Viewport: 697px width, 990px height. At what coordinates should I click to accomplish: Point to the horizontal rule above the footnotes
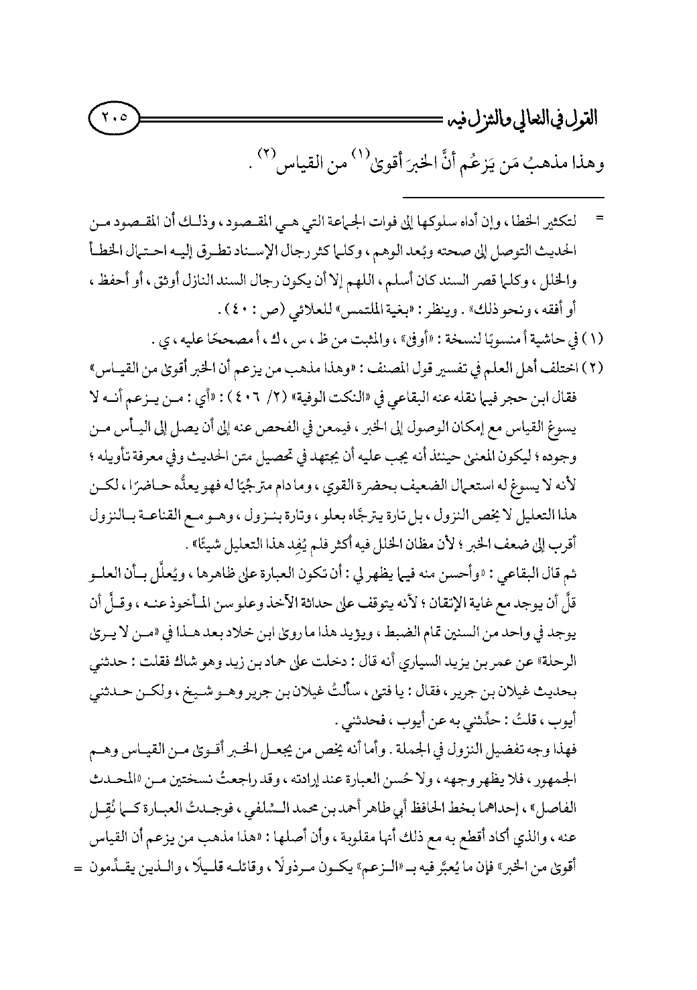(x=503, y=197)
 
